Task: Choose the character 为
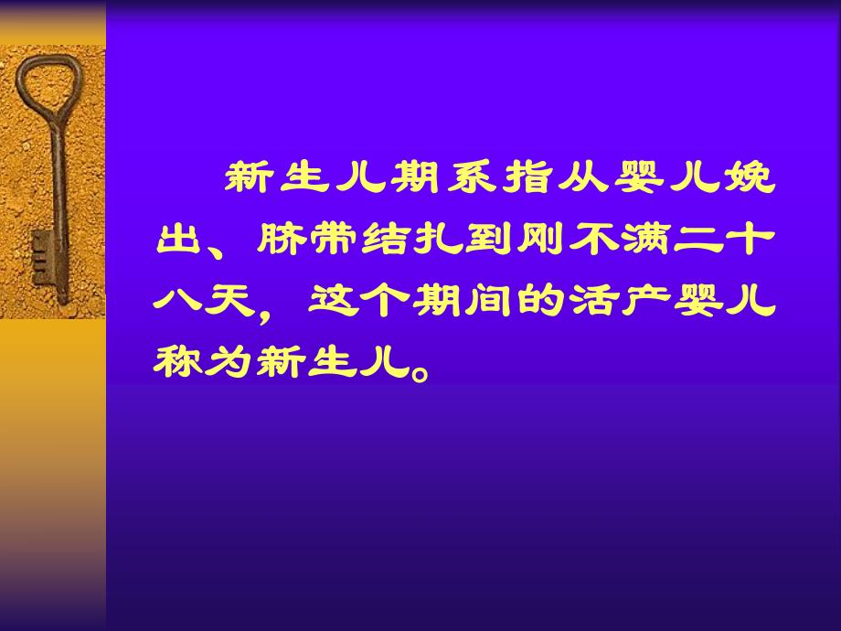(231, 360)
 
